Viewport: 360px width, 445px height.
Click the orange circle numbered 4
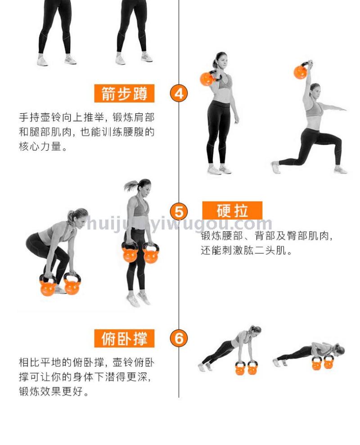pos(179,93)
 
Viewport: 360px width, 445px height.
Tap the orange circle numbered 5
pos(179,211)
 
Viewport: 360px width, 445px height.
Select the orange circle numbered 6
pos(179,338)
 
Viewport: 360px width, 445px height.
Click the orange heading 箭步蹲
pos(124,94)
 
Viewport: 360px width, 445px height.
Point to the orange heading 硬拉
pos(232,211)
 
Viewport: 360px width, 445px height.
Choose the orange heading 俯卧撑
pos(124,338)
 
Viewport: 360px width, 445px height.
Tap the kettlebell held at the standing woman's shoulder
pos(207,78)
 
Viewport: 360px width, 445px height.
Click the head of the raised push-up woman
pos(256,330)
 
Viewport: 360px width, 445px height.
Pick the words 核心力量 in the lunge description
pos(40,146)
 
